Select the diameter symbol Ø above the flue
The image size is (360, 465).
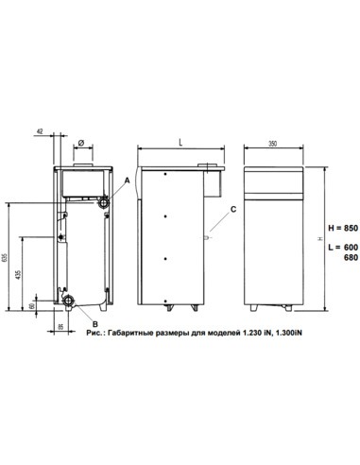point(80,144)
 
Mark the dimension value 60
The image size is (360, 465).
point(32,306)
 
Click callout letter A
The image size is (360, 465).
point(127,180)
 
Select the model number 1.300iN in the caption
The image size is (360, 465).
point(288,335)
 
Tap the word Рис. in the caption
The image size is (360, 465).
point(93,335)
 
